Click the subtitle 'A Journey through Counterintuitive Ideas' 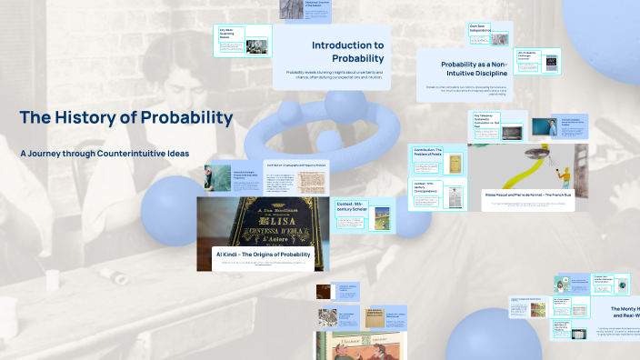pos(105,154)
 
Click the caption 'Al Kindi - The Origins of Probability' pos(262,255)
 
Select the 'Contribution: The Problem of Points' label pos(427,151)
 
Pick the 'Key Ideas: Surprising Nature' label pos(227,33)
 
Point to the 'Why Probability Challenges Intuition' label pos(529,55)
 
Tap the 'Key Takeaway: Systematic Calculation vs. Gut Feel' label pos(487,119)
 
